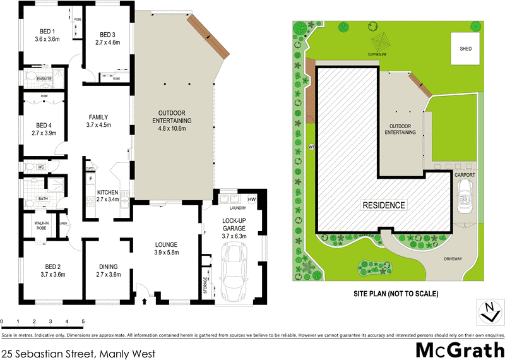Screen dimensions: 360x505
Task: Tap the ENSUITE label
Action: [44, 79]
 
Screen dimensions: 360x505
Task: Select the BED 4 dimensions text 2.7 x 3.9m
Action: [44, 133]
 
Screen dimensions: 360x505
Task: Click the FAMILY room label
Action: [98, 117]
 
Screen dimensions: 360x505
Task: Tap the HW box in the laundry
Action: [252, 200]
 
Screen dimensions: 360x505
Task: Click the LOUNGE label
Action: [167, 244]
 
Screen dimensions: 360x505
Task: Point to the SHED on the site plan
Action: [465, 49]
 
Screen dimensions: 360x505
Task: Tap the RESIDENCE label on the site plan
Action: [383, 205]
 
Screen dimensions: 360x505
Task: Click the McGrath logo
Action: [460, 349]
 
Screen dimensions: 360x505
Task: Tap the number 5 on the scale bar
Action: [83, 321]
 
